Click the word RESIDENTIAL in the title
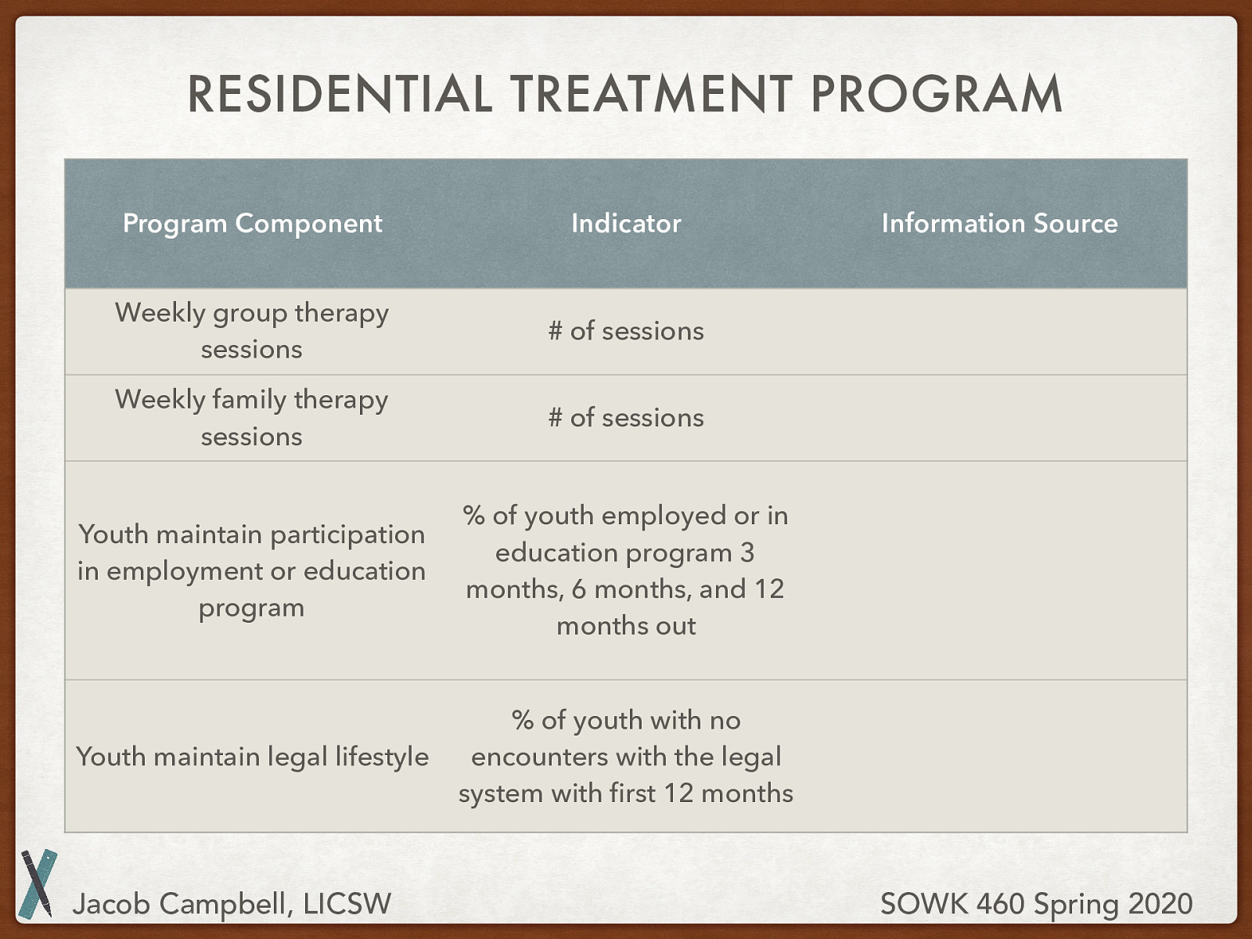tap(340, 94)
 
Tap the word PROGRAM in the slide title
tap(936, 94)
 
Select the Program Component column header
tap(252, 224)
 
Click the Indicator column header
tap(626, 223)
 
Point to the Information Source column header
tap(999, 223)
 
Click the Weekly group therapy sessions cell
tap(251, 331)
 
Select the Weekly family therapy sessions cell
tap(251, 418)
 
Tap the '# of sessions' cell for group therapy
tap(626, 331)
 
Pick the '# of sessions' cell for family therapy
tap(626, 417)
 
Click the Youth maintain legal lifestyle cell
tap(252, 757)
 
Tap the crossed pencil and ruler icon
tap(38, 883)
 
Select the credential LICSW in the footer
tap(347, 904)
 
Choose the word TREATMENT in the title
tap(651, 94)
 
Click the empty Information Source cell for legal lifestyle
tap(999, 757)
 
